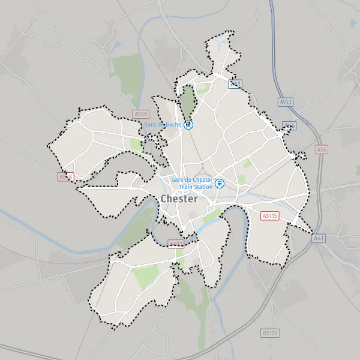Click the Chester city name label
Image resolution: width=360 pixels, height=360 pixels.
(x=178, y=199)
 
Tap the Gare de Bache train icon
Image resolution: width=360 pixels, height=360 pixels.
(x=189, y=125)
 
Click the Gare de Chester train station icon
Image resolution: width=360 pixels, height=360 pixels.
(x=220, y=184)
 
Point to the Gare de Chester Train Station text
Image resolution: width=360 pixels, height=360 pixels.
(x=192, y=183)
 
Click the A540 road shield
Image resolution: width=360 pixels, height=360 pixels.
(x=140, y=114)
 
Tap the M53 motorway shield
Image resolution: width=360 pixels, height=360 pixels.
(x=286, y=102)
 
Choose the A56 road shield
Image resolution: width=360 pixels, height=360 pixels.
(x=290, y=125)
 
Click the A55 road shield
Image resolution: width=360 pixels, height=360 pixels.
(x=322, y=149)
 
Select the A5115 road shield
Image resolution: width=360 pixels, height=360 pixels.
(x=270, y=215)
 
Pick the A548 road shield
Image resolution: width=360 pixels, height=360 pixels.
(x=65, y=176)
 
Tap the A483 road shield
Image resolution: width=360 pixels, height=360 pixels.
(x=176, y=244)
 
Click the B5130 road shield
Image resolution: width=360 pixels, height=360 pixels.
(x=269, y=332)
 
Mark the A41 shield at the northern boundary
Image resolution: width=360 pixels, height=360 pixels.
(x=235, y=84)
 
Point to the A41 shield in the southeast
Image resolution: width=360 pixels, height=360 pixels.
(x=318, y=238)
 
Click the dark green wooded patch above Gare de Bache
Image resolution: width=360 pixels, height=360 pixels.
(x=188, y=102)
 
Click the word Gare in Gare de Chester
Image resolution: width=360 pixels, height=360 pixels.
(x=178, y=179)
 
